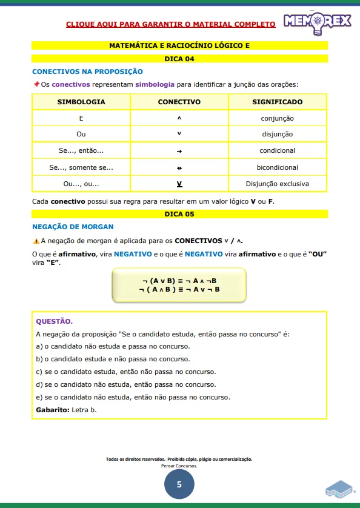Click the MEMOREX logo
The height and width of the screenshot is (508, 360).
(x=317, y=21)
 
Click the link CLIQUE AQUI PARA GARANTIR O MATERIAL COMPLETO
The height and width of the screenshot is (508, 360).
(x=170, y=24)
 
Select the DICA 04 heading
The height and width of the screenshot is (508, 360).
(x=179, y=59)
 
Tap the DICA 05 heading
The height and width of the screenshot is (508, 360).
(x=179, y=214)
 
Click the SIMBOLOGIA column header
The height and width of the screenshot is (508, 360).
(x=81, y=102)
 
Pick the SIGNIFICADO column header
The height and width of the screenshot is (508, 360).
(x=277, y=102)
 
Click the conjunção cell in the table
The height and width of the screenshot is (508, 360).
(x=277, y=118)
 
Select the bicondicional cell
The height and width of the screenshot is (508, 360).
(x=277, y=167)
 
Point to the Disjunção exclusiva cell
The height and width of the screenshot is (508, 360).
(x=277, y=184)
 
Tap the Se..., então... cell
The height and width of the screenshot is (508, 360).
(x=81, y=150)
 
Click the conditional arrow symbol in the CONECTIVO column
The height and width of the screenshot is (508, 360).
(x=179, y=151)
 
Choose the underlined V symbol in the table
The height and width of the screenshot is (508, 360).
(x=179, y=184)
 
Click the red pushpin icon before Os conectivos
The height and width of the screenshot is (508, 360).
(x=36, y=84)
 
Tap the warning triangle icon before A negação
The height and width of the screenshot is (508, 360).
(x=36, y=241)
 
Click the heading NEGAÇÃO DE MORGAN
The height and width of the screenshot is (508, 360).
(x=73, y=227)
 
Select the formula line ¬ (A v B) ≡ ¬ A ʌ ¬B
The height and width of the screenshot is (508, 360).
(x=179, y=281)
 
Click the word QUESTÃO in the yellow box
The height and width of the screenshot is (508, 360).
(x=55, y=321)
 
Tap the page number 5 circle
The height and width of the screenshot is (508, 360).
(x=179, y=484)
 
